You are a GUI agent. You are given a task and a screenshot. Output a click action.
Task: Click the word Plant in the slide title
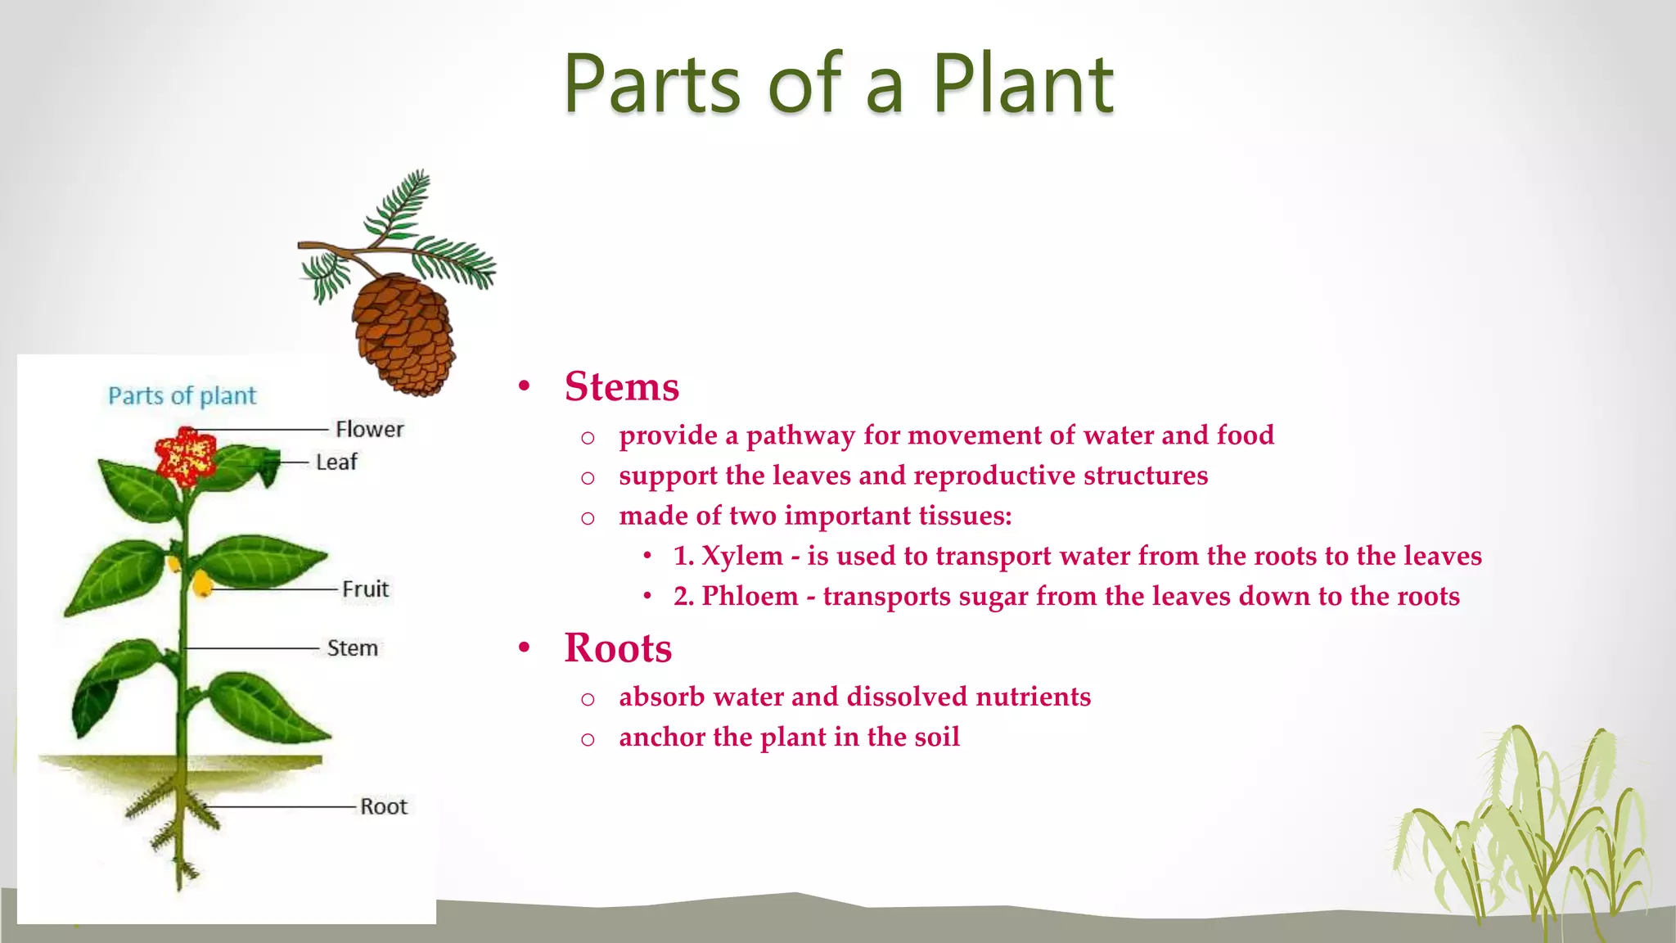(1023, 83)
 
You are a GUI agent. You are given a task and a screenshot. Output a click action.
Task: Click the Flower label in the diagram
(369, 429)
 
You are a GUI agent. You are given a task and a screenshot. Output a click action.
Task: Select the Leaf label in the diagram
(336, 462)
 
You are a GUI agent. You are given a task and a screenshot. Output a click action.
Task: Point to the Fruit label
(365, 589)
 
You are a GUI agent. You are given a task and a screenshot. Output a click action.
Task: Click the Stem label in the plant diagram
(352, 648)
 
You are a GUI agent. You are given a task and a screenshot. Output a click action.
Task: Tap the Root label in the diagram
(383, 807)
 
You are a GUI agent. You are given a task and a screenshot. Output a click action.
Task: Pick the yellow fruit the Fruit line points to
(201, 584)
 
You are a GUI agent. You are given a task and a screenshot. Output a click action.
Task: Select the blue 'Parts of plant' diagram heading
(182, 396)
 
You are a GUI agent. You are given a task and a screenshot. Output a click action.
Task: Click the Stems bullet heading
(621, 386)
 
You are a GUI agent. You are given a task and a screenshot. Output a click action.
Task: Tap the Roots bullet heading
(618, 648)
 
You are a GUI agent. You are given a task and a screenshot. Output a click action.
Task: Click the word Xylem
(742, 556)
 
